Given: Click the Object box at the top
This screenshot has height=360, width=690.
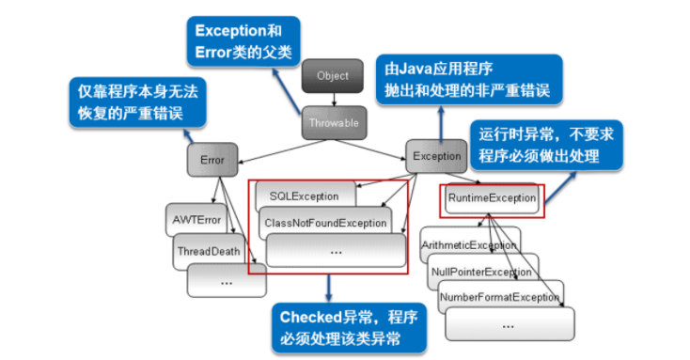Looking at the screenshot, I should pyautogui.click(x=333, y=76).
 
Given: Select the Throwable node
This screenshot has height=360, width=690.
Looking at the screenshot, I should pyautogui.click(x=333, y=122).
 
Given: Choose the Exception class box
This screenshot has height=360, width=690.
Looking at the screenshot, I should pyautogui.click(x=437, y=156).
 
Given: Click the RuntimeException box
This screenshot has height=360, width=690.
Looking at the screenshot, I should pyautogui.click(x=492, y=198).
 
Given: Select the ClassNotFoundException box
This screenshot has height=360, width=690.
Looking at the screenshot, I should pyautogui.click(x=324, y=223).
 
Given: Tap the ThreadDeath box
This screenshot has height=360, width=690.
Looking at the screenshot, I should pyautogui.click(x=209, y=251).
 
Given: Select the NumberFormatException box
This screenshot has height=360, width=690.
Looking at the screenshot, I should pyautogui.click(x=498, y=297).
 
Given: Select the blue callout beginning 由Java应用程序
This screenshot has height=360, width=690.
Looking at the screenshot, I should pyautogui.click(x=467, y=81).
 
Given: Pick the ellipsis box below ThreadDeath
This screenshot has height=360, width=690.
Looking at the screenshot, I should pyautogui.click(x=226, y=280).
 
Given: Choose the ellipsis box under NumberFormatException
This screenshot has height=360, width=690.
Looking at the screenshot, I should pyautogui.click(x=508, y=324).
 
